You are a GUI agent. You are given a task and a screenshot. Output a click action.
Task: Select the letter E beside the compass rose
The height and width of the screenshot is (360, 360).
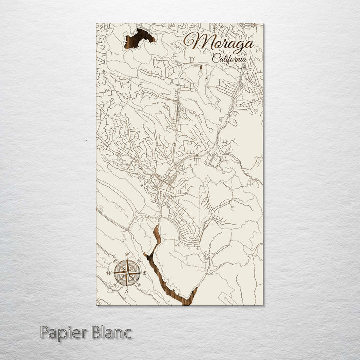(x=145, y=273)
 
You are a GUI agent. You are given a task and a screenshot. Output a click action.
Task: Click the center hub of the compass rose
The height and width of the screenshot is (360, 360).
(x=127, y=273)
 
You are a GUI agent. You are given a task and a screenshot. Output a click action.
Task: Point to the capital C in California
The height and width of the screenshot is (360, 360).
(x=215, y=58)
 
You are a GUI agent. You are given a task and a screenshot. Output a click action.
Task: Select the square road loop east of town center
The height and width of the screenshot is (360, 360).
(x=214, y=161)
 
